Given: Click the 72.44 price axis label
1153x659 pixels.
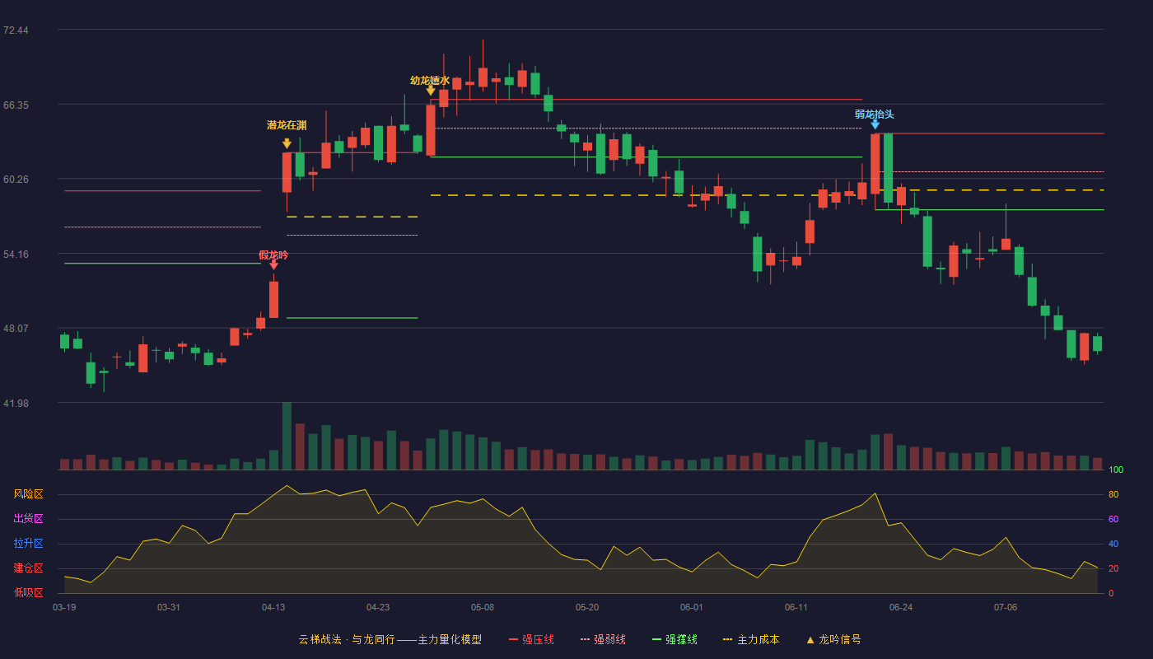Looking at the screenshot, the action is (x=16, y=30).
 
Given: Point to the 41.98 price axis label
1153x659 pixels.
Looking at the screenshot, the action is (x=16, y=403).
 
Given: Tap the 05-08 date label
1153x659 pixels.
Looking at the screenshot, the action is (x=483, y=608).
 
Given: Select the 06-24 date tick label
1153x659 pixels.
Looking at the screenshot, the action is (x=901, y=608).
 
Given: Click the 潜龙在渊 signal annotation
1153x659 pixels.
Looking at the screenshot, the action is (x=287, y=125).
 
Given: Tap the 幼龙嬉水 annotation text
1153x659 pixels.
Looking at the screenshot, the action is (x=430, y=81).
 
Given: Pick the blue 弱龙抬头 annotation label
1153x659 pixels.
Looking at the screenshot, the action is (x=875, y=115).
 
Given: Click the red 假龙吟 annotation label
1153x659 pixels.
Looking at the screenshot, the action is (x=273, y=255).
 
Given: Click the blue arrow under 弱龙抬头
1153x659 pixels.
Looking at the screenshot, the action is (x=875, y=124).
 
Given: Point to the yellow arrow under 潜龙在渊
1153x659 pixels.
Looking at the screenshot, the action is (x=287, y=143).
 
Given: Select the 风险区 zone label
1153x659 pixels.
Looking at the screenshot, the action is (x=28, y=494).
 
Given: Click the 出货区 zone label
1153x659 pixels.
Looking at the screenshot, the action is (x=28, y=518).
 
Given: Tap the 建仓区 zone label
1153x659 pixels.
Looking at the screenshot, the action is (x=28, y=568).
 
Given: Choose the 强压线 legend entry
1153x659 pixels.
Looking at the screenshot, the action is (x=531, y=639).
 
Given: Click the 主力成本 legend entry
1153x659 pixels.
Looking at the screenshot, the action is (x=751, y=639).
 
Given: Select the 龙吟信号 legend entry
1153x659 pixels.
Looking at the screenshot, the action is (x=833, y=639).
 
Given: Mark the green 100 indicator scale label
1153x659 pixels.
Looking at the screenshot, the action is (x=1116, y=470).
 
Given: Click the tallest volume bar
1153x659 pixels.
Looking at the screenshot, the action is (x=287, y=436).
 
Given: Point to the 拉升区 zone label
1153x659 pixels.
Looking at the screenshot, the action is (x=28, y=543).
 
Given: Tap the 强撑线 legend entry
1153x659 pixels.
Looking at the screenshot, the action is (x=675, y=639).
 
